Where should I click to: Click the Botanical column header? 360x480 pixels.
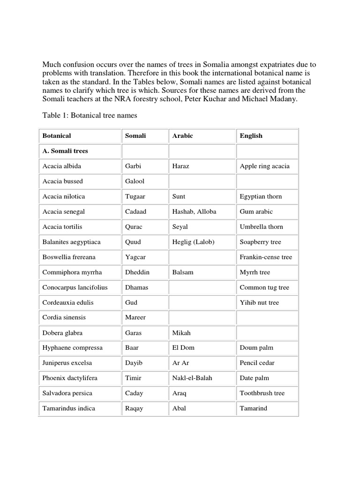coord(57,136)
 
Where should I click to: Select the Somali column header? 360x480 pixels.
coord(135,136)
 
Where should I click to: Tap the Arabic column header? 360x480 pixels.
coord(182,136)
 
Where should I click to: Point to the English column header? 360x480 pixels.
coord(251,136)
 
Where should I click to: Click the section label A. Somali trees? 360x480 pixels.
coord(65,151)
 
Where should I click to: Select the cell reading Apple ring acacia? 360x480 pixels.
coord(264,166)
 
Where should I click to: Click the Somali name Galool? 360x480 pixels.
coord(135,181)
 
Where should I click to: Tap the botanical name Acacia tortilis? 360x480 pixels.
coord(62,227)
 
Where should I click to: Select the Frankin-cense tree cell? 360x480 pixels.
coord(266,257)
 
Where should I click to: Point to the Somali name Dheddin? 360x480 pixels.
coord(136,272)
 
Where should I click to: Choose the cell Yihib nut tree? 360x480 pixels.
coord(259,302)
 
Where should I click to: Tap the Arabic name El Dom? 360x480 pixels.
coord(183,348)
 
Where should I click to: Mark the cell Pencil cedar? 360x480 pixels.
coord(257,363)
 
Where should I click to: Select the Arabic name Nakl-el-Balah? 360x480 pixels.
coord(192,378)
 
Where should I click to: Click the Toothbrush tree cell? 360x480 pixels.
coord(262,393)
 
